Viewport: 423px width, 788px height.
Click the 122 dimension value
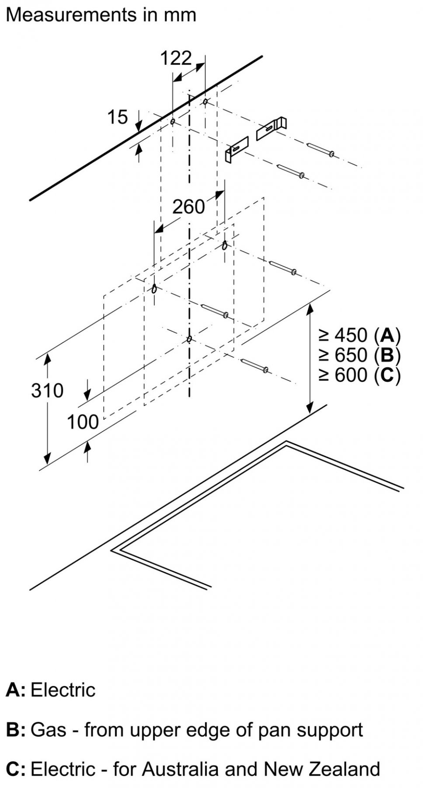coord(176,58)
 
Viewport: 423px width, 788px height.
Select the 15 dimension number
coord(117,117)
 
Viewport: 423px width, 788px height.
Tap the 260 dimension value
coord(188,207)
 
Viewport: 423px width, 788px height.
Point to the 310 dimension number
coord(47,390)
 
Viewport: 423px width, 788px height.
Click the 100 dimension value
coord(83,422)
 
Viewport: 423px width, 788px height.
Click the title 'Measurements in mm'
coord(101,15)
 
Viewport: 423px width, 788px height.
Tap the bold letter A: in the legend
coord(15,690)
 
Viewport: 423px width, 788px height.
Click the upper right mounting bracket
coord(271,128)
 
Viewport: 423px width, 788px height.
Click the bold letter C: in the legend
coord(15,769)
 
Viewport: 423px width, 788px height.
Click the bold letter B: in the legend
coord(15,730)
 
